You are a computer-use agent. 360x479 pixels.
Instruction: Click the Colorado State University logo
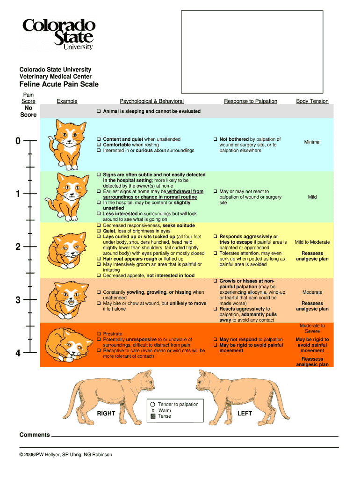pyautogui.click(x=58, y=34)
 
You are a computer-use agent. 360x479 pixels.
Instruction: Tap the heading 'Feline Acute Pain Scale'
pyautogui.click(x=59, y=84)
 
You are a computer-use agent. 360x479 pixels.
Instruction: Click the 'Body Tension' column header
pyautogui.click(x=312, y=101)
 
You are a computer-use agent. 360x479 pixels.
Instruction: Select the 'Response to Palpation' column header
pyautogui.click(x=251, y=101)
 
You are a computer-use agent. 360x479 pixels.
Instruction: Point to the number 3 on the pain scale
pyautogui.click(x=18, y=300)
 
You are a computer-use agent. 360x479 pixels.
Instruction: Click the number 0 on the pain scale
pyautogui.click(x=18, y=141)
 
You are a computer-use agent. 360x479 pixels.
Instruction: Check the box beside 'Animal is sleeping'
pyautogui.click(x=99, y=111)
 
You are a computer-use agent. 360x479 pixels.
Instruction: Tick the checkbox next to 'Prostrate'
pyautogui.click(x=99, y=334)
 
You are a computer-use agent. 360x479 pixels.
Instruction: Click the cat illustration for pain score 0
pyautogui.click(x=68, y=145)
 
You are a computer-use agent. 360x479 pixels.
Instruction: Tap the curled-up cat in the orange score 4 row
pyautogui.click(x=68, y=345)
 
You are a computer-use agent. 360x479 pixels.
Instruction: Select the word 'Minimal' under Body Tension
pyautogui.click(x=312, y=142)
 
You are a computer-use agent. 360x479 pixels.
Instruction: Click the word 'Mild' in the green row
pyautogui.click(x=312, y=197)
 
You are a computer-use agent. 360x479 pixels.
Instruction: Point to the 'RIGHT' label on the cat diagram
pyautogui.click(x=106, y=414)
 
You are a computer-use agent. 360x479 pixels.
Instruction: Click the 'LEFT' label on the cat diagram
pyautogui.click(x=245, y=414)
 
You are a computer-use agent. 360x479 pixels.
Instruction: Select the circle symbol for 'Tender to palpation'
pyautogui.click(x=153, y=404)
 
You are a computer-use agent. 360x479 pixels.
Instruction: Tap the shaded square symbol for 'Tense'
pyautogui.click(x=153, y=416)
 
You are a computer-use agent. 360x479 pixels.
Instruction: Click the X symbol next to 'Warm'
pyautogui.click(x=153, y=411)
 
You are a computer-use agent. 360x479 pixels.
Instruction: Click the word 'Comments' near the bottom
pyautogui.click(x=35, y=435)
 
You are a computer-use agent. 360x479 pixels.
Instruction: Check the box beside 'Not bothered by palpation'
pyautogui.click(x=215, y=139)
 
